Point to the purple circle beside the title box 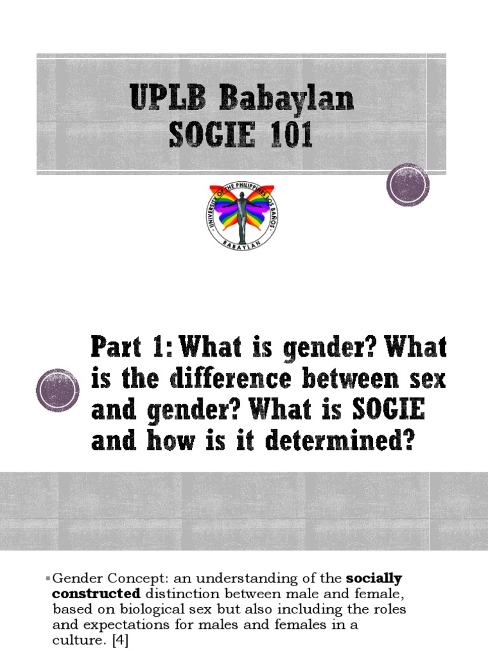(x=407, y=184)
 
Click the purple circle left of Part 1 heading (x=57, y=389)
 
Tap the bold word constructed (x=96, y=593)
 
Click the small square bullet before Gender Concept (x=48, y=578)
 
